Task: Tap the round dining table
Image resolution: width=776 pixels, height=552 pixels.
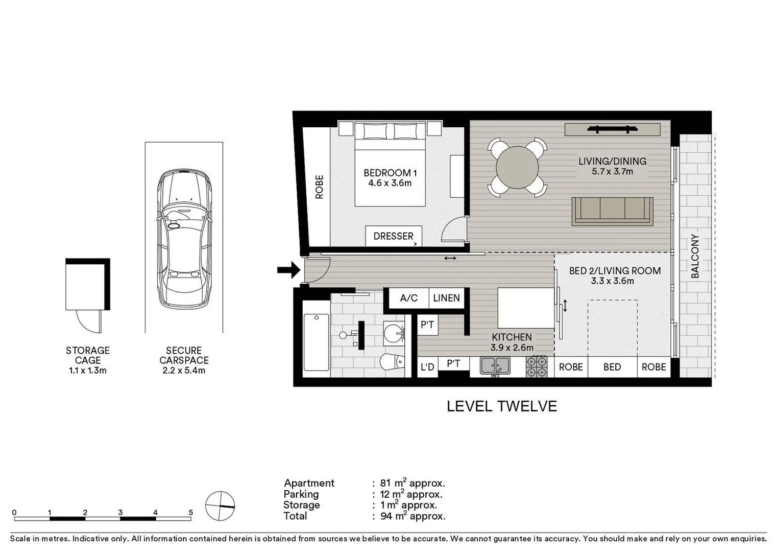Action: (x=517, y=167)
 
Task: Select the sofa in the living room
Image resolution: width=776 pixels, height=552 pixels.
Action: (x=612, y=211)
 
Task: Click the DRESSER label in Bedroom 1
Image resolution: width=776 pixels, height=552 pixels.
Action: (x=393, y=236)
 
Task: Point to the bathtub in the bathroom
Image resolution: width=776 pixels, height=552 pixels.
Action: (x=316, y=342)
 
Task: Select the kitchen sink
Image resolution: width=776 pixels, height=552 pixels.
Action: (x=494, y=366)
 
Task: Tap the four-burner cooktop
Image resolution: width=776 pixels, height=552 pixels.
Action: (x=537, y=366)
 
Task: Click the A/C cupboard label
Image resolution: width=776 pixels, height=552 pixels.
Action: (x=408, y=298)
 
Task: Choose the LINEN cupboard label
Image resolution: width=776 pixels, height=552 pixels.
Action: (x=446, y=298)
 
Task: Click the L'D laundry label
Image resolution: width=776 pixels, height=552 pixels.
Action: (x=427, y=367)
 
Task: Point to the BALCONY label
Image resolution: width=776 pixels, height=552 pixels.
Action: (x=695, y=256)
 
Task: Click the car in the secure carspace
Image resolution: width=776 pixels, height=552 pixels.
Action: (x=184, y=239)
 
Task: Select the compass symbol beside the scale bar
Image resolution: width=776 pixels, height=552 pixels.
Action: (x=220, y=506)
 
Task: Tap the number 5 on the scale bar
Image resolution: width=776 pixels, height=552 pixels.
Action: (x=190, y=512)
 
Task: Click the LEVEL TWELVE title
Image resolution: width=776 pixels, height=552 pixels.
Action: (x=501, y=406)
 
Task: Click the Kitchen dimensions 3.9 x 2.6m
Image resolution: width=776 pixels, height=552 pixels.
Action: (x=512, y=348)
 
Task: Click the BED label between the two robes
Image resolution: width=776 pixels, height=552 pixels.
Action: (x=612, y=367)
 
